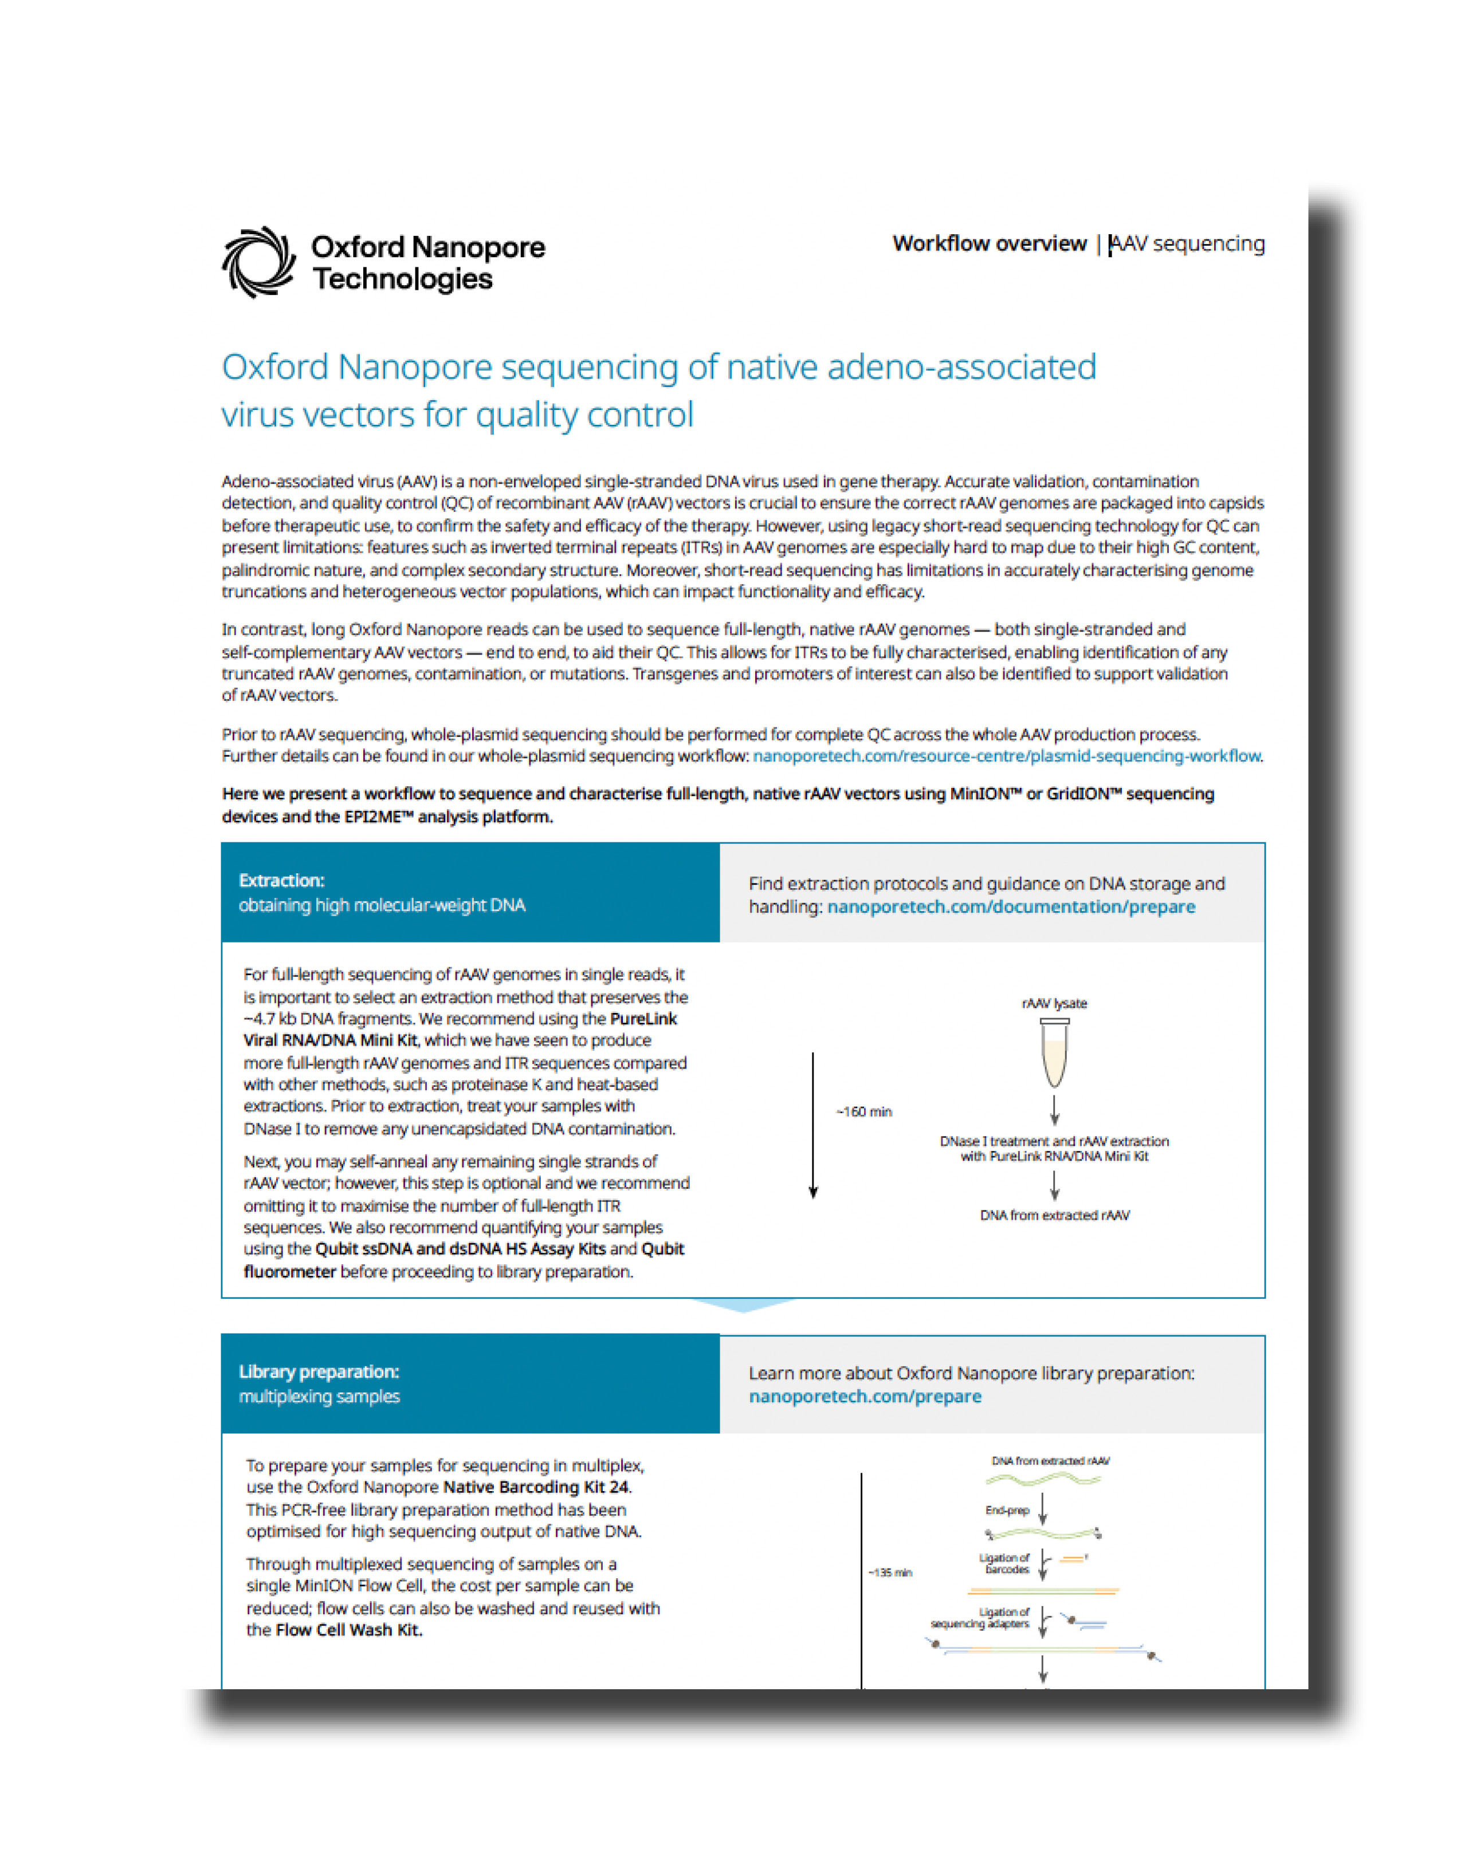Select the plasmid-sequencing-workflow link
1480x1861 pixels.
(x=1006, y=756)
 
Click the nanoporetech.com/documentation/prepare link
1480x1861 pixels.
(x=1010, y=906)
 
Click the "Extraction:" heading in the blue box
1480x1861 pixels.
(x=281, y=881)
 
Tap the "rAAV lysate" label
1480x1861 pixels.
(x=1054, y=1003)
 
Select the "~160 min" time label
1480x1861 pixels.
(x=863, y=1112)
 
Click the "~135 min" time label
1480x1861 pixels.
(x=889, y=1573)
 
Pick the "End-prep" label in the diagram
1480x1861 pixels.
(x=1007, y=1511)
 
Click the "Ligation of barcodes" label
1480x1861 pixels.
(x=1004, y=1563)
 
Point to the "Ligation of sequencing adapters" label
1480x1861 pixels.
(x=981, y=1618)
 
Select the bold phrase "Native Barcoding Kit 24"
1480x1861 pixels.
(x=536, y=1487)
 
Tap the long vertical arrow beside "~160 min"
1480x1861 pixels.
(x=812, y=1122)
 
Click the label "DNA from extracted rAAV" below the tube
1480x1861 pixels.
(x=1054, y=1215)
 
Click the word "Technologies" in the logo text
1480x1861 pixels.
(x=402, y=279)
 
